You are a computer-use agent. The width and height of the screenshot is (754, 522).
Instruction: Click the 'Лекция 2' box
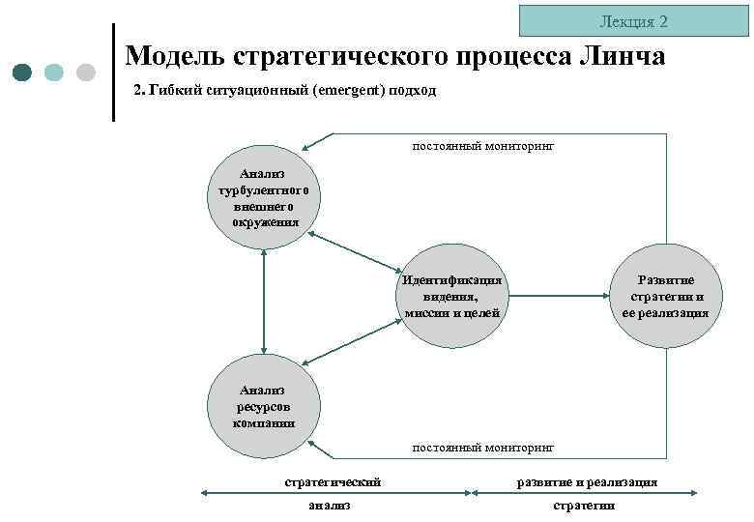pos(633,20)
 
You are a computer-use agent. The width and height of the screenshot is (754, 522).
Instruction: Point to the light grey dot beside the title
pos(85,72)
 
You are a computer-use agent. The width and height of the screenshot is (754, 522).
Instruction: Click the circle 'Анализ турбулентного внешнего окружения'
pos(265,198)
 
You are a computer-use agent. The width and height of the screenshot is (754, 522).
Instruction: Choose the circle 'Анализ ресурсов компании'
pos(265,405)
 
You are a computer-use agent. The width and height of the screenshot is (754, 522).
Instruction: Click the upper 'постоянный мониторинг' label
pos(483,146)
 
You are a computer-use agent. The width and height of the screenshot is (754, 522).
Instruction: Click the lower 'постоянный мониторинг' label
pos(483,449)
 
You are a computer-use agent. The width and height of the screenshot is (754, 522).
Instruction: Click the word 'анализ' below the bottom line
pos(329,505)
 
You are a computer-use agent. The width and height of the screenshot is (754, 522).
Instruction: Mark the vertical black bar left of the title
pos(114,72)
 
